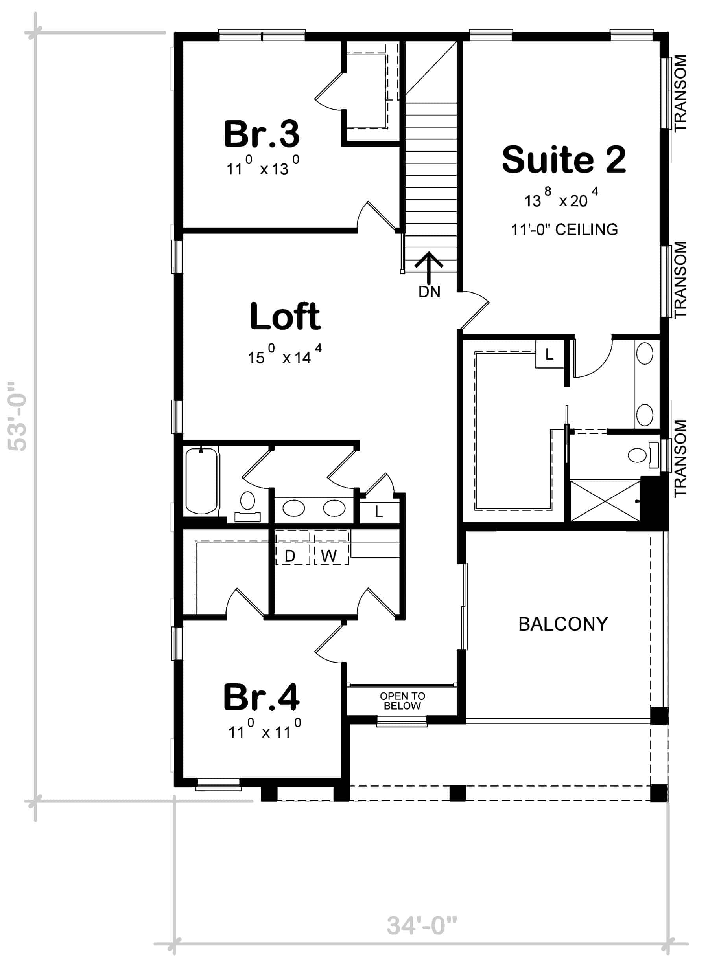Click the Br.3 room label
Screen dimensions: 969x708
pos(262,134)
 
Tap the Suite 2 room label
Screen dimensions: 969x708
pos(564,159)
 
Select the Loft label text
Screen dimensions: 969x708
pos(285,316)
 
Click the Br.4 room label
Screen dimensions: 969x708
pos(262,698)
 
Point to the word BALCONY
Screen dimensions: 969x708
pos(563,624)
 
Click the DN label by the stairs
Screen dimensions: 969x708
pos(429,292)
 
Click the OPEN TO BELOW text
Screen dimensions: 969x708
pos(402,701)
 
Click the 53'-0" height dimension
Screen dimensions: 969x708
pos(18,416)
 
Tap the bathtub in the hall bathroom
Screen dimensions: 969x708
pos(201,481)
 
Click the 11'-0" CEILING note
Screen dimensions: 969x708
pos(564,230)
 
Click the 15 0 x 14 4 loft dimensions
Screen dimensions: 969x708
pos(284,356)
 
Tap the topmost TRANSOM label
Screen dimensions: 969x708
pos(680,93)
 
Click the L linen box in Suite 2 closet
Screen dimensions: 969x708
pos(549,354)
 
